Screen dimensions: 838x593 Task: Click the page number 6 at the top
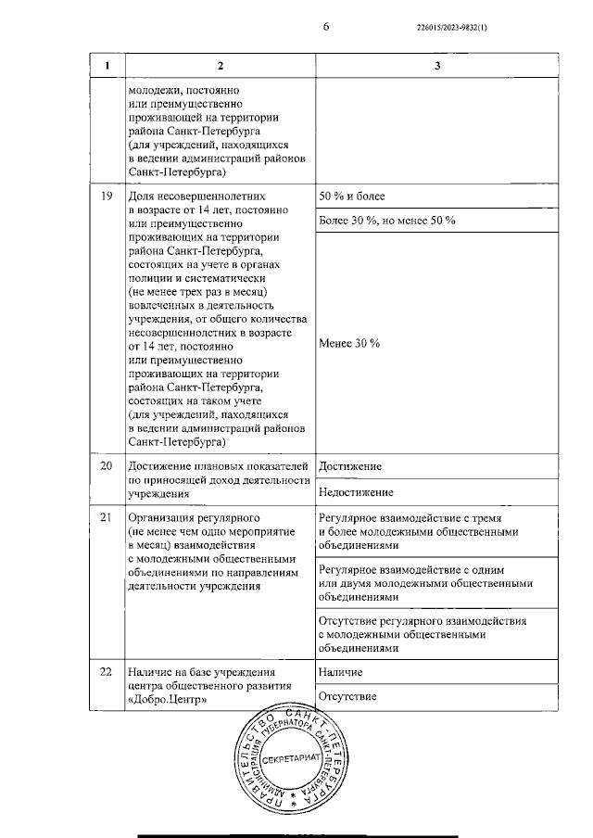coord(325,27)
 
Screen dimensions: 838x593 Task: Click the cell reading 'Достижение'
coord(349,465)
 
